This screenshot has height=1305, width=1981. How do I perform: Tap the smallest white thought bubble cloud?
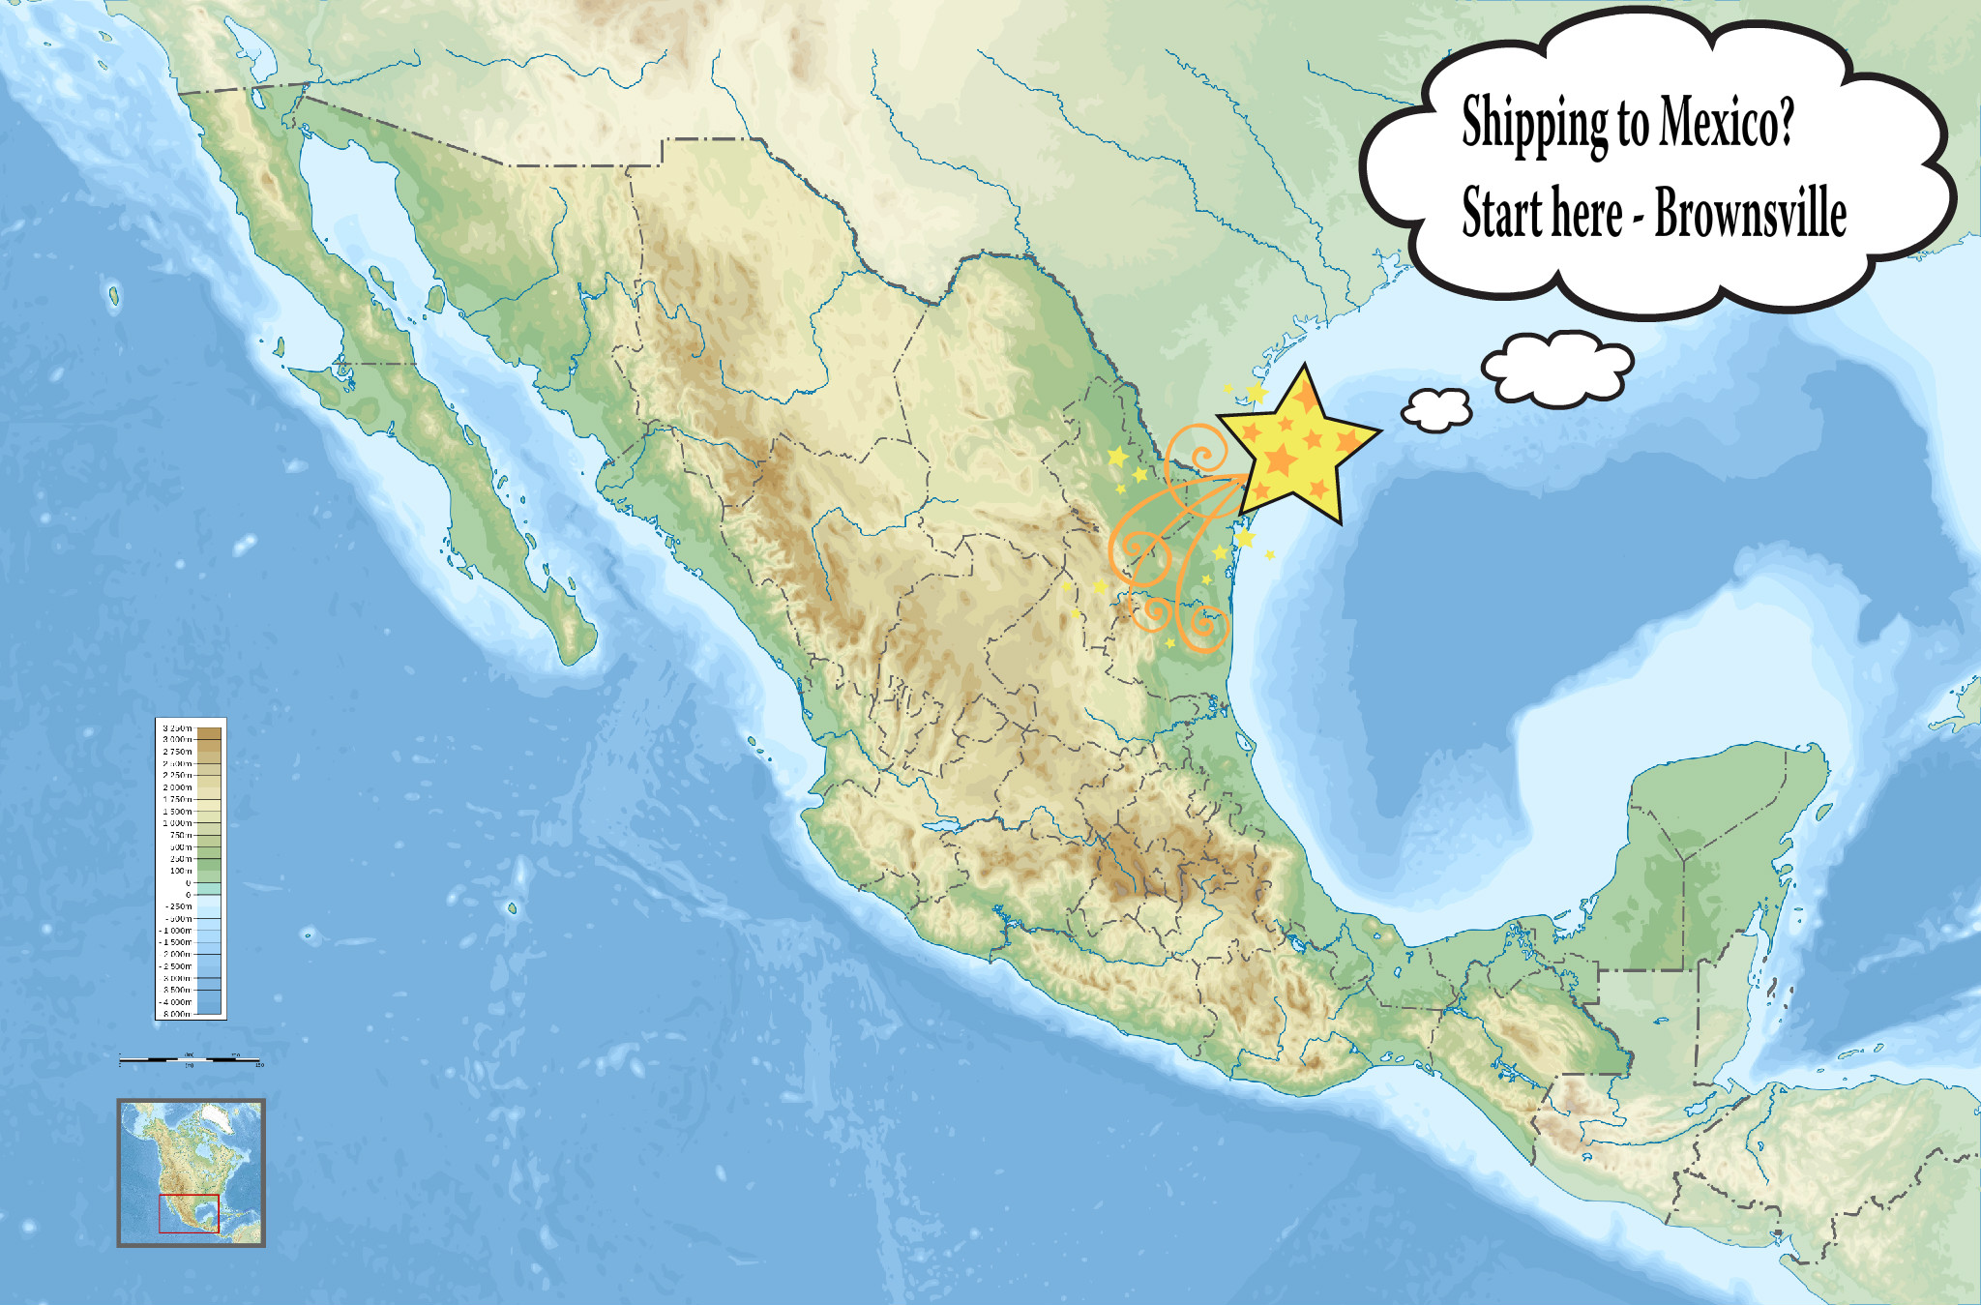click(1437, 409)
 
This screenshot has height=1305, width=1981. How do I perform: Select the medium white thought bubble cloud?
click(1557, 368)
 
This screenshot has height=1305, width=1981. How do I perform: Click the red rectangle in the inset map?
click(190, 1213)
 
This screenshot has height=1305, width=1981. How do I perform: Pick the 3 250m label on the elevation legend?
click(177, 727)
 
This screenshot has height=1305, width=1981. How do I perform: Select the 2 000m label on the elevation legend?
click(177, 787)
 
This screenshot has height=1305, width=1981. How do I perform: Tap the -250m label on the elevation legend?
click(178, 906)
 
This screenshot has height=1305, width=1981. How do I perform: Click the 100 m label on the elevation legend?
click(181, 871)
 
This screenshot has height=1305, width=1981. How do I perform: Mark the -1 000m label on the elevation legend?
click(176, 931)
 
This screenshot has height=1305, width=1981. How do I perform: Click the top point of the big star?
click(1306, 368)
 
